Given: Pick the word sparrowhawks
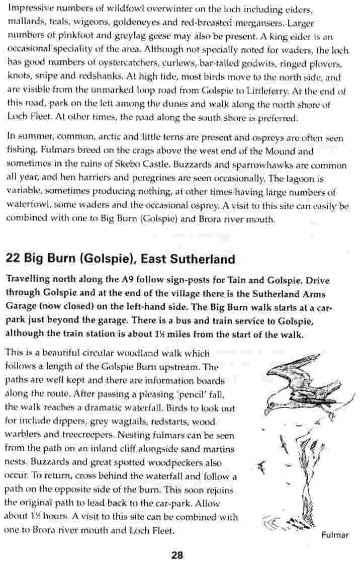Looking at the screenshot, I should [284, 165].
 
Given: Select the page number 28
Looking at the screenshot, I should [177, 555].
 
